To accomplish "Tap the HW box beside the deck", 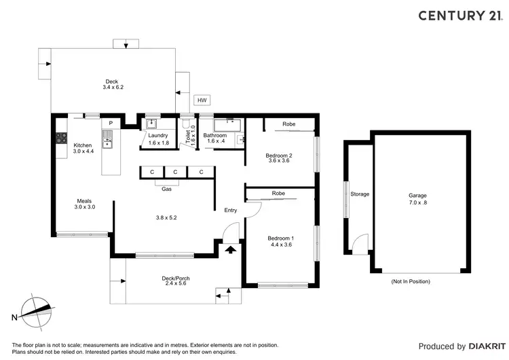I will pyautogui.click(x=202, y=101).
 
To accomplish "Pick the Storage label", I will pyautogui.click(x=360, y=194).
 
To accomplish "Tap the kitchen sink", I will pyautogui.click(x=107, y=139).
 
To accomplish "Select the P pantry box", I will pyautogui.click(x=110, y=123).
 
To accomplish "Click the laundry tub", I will pyautogui.click(x=151, y=124).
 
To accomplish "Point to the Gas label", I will pyautogui.click(x=166, y=189).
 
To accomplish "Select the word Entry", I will pyautogui.click(x=231, y=210).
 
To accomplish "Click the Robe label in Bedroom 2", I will pyautogui.click(x=288, y=124).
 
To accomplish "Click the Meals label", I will pyautogui.click(x=85, y=201).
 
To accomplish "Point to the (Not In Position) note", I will pyautogui.click(x=411, y=281).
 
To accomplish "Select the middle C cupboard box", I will pyautogui.click(x=174, y=173).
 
